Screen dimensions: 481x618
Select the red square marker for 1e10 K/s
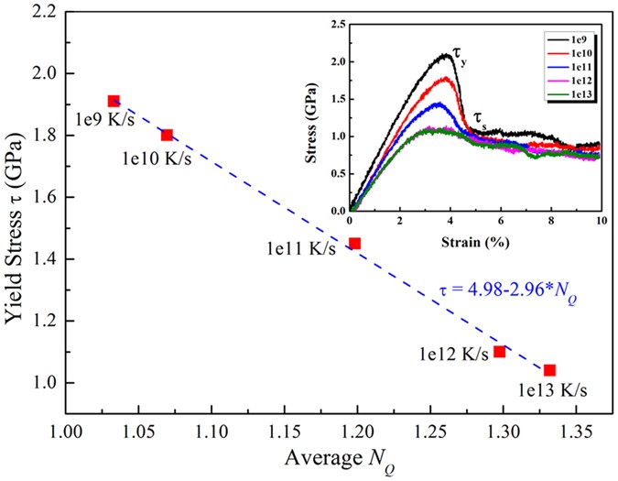(167, 135)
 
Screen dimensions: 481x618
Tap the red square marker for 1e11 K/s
(354, 243)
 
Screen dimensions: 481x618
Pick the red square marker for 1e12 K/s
(499, 351)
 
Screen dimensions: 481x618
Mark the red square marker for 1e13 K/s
(549, 370)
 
